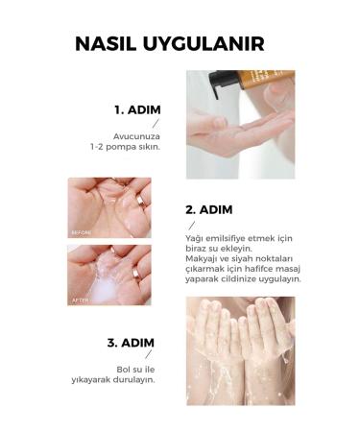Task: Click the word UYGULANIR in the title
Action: [x=204, y=44]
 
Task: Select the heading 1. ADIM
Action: [x=137, y=110]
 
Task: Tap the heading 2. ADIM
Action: [x=209, y=210]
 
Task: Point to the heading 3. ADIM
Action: [x=131, y=343]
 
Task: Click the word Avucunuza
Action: [x=136, y=136]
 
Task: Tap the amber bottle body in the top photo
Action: [x=266, y=80]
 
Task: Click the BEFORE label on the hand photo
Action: [x=82, y=232]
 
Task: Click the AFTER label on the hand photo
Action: [x=80, y=300]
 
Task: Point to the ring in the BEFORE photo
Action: [x=140, y=203]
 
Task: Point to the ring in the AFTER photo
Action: [x=136, y=274]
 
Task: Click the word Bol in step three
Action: [x=123, y=370]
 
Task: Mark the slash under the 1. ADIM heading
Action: [x=156, y=123]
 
